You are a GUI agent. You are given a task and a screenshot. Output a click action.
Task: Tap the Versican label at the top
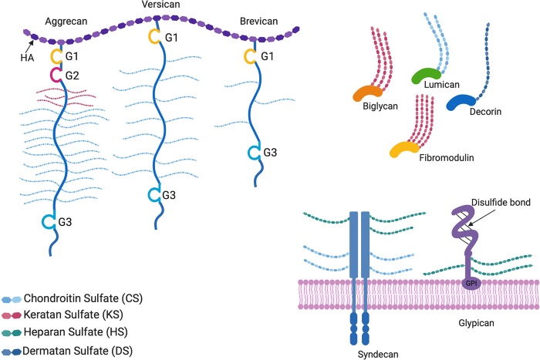click(158, 6)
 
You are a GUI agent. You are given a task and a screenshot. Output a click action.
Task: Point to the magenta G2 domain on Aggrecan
click(56, 75)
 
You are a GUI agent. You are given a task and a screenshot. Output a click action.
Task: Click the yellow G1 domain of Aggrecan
click(56, 56)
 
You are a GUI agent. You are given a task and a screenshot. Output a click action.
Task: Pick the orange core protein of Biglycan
click(369, 92)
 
